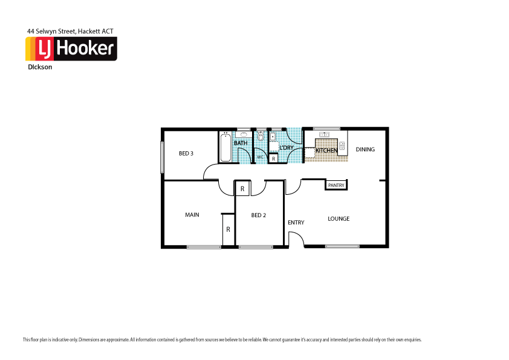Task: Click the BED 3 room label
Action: click(x=186, y=154)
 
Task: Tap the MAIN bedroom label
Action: click(x=192, y=215)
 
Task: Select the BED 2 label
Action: click(x=259, y=215)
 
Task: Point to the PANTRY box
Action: click(x=336, y=185)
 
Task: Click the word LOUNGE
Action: click(x=339, y=219)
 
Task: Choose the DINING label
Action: click(x=365, y=149)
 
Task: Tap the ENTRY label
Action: click(x=296, y=223)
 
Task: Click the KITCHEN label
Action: click(x=326, y=150)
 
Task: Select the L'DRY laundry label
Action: click(x=286, y=148)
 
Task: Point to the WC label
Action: click(x=260, y=157)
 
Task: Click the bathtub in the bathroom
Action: click(x=225, y=148)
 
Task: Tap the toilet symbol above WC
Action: click(x=261, y=137)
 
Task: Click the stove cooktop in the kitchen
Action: click(x=342, y=145)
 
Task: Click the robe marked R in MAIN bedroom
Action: click(x=228, y=230)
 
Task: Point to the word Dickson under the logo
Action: click(x=40, y=67)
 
